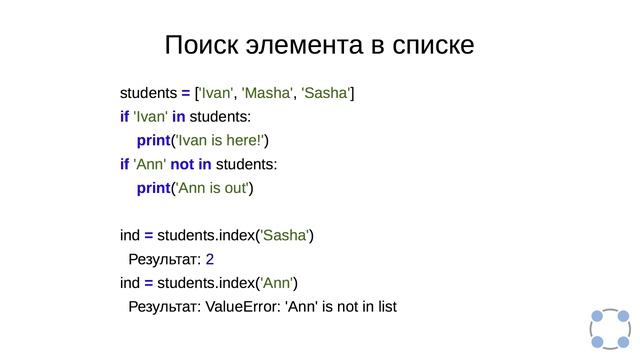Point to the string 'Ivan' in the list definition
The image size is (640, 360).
click(x=217, y=94)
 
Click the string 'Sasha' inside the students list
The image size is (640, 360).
click(x=325, y=94)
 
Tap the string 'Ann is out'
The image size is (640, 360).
click(x=214, y=188)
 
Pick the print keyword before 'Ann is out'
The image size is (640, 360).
click(x=154, y=188)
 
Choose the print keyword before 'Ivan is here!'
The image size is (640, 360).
click(x=154, y=141)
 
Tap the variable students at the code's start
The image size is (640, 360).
click(x=148, y=94)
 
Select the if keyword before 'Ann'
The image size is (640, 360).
click(x=124, y=165)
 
